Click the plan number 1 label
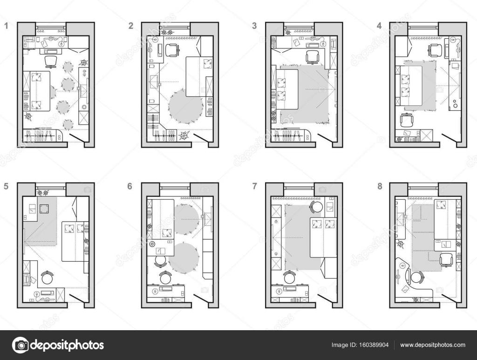(x=6, y=26)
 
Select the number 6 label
(x=129, y=186)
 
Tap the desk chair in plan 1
(x=50, y=61)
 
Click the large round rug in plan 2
(x=185, y=107)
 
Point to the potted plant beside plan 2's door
(x=184, y=136)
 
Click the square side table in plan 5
(x=45, y=208)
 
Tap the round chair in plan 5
(x=47, y=278)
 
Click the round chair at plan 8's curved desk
(x=416, y=278)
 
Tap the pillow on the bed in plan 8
(x=440, y=205)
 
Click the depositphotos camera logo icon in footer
(x=20, y=345)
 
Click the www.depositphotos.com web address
(x=433, y=345)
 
